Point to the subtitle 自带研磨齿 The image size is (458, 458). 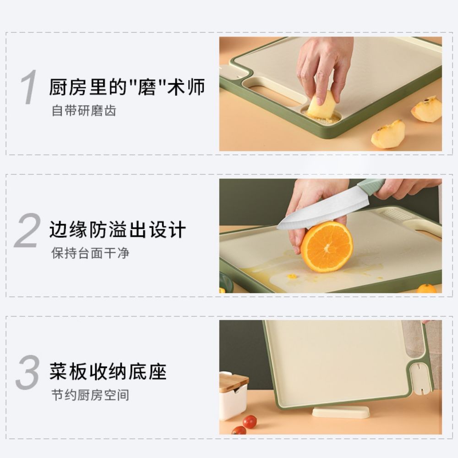tap(84, 111)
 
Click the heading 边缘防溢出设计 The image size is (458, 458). tap(118, 229)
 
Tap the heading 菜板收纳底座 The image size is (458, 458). tap(108, 371)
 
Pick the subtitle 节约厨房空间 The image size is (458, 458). tap(90, 395)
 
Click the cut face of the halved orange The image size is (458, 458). tap(327, 246)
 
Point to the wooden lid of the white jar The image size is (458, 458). tap(233, 382)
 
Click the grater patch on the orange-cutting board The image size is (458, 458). tap(395, 213)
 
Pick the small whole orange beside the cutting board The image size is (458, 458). tap(426, 289)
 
